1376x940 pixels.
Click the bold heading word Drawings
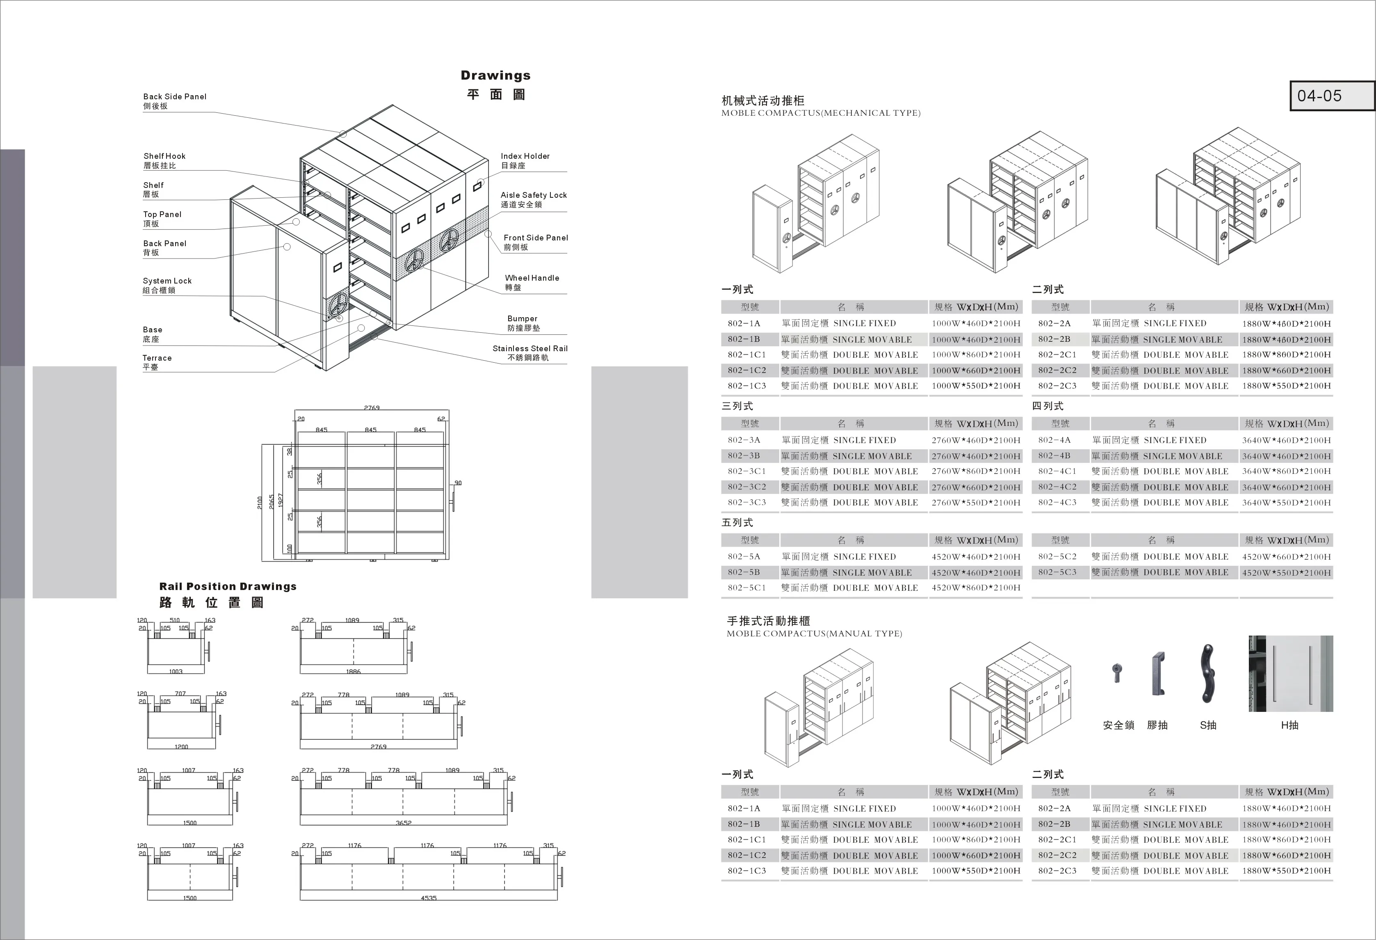coord(495,75)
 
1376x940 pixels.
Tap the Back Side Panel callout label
coord(175,96)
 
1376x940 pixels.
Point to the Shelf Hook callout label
coord(164,156)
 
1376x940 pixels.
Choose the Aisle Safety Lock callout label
coord(534,195)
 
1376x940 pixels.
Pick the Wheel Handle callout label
coord(532,278)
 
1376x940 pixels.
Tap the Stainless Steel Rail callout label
coord(530,348)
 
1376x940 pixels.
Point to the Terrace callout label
coord(157,358)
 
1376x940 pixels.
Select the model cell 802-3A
coord(744,440)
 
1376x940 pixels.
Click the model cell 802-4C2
coord(1057,487)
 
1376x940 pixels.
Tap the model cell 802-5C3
coord(1057,572)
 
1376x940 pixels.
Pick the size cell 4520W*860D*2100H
coord(976,588)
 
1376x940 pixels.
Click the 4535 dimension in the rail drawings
coord(428,898)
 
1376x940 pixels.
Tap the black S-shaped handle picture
coord(1207,674)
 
